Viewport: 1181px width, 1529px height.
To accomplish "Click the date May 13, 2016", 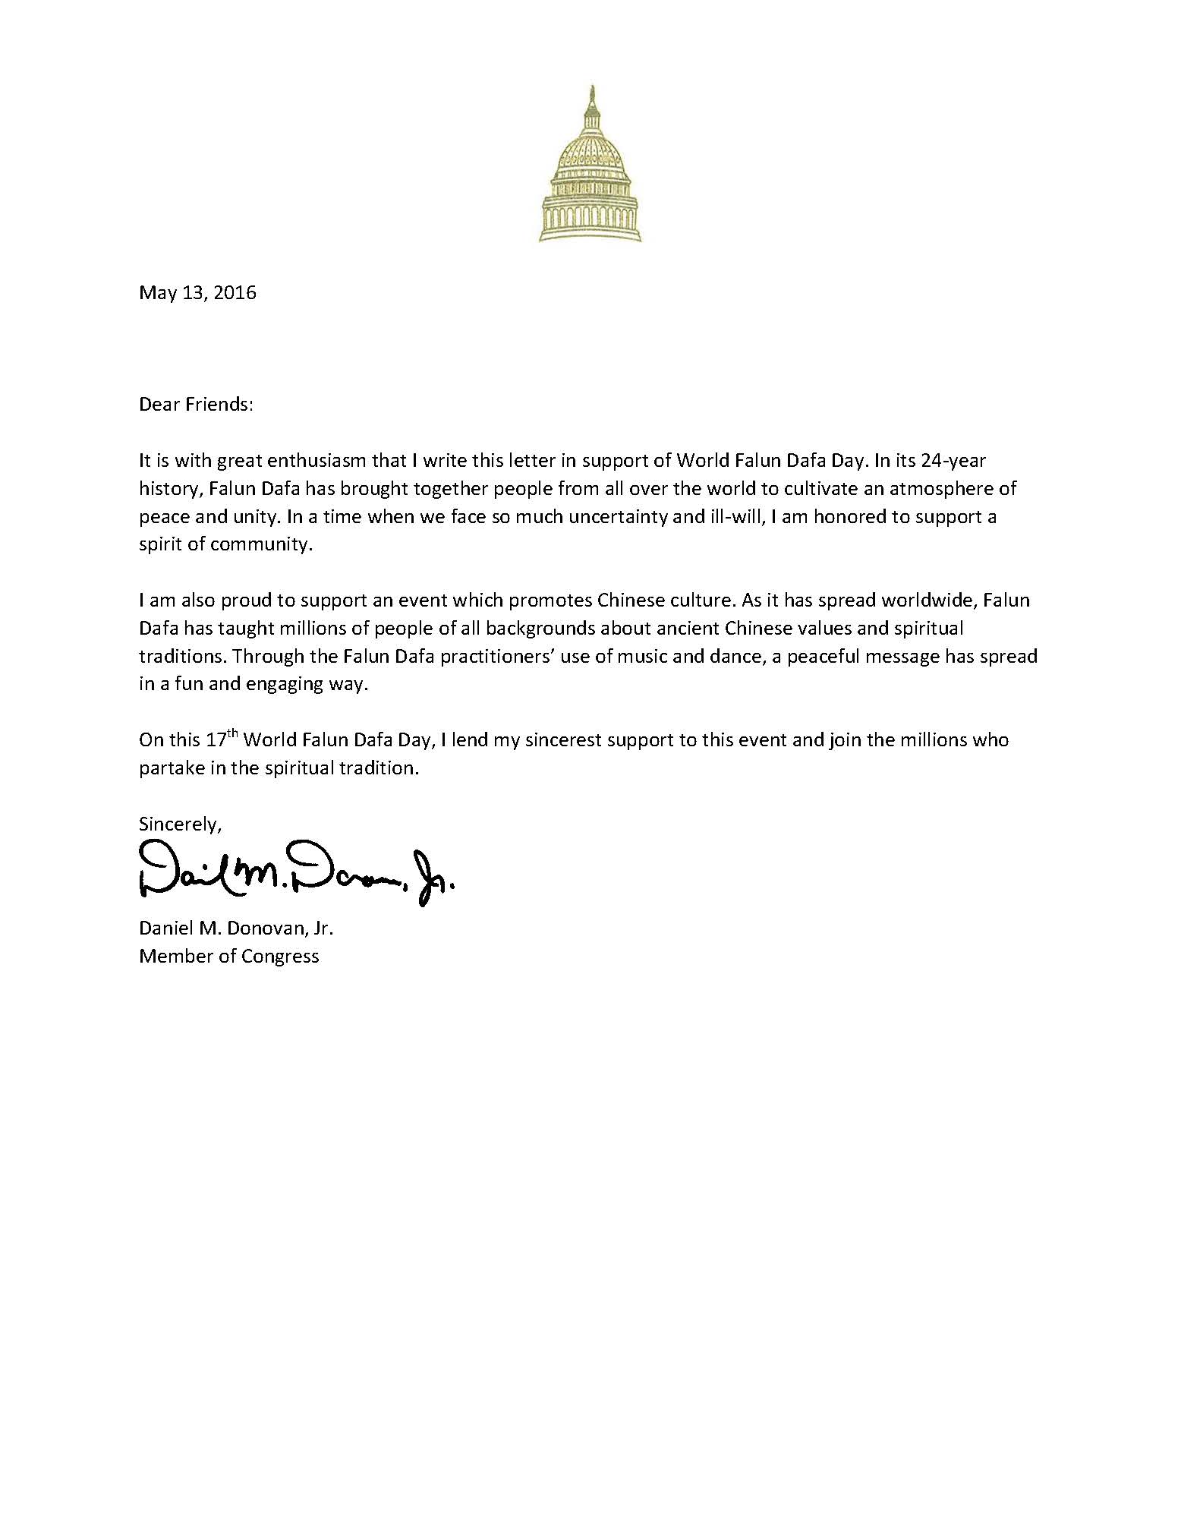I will pos(197,293).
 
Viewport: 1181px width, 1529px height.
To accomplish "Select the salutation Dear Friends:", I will pos(195,405).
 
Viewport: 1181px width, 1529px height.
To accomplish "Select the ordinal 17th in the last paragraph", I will pos(222,739).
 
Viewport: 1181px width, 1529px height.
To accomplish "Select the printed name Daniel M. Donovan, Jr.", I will pos(236,928).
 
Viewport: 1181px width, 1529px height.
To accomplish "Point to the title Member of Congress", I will pos(229,957).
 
